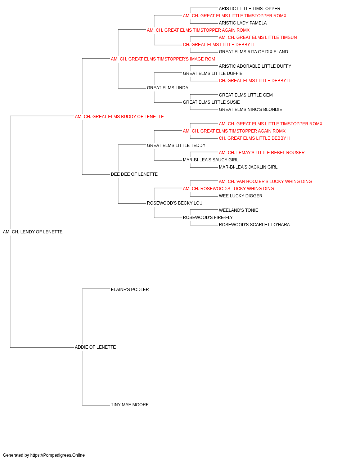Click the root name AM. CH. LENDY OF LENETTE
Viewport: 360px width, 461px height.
click(x=33, y=232)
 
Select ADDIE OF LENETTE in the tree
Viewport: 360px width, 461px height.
click(x=95, y=347)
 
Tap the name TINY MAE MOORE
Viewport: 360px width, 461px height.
click(x=130, y=405)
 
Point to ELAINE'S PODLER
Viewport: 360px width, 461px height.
click(x=130, y=290)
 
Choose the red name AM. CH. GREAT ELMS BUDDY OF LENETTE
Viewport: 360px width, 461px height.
click(x=119, y=117)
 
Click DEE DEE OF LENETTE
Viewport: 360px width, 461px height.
click(x=134, y=174)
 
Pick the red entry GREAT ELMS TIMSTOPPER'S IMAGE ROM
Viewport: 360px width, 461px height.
click(x=163, y=59)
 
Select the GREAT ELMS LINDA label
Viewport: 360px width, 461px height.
click(x=167, y=88)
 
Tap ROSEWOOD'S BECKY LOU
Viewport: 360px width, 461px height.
click(x=175, y=203)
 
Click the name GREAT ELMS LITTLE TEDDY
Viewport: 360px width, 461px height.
click(x=176, y=146)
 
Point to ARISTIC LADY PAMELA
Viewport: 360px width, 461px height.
click(x=243, y=23)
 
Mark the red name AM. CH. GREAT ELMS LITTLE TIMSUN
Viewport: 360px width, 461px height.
click(x=258, y=37)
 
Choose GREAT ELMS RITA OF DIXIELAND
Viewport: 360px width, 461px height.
click(x=253, y=52)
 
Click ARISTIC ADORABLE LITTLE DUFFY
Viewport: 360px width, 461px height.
click(x=255, y=66)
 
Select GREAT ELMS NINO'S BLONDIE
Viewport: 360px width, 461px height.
click(x=251, y=109)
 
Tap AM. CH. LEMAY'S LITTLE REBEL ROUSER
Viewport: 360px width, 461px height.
click(x=262, y=153)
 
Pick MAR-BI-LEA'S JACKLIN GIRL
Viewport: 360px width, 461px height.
click(x=248, y=167)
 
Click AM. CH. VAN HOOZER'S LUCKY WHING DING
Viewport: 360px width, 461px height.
click(x=265, y=182)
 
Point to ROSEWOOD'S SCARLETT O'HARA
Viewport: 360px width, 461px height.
click(x=254, y=225)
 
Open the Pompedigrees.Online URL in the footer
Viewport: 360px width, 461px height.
click(x=58, y=455)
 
